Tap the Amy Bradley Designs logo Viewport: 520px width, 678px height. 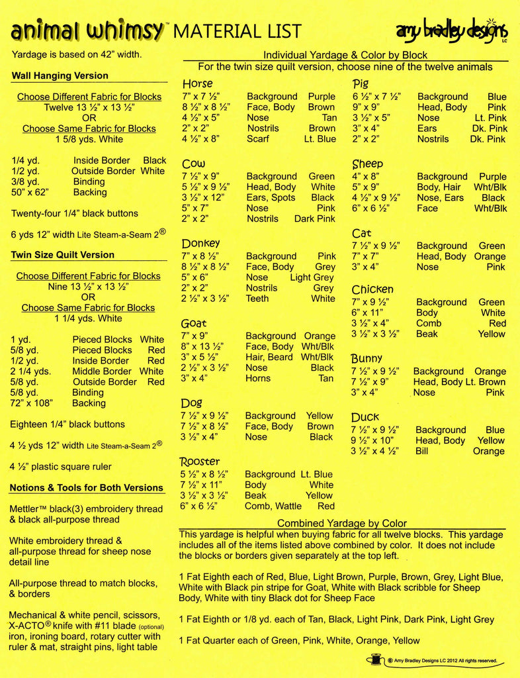[x=452, y=30]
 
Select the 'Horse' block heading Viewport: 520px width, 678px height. [x=198, y=84]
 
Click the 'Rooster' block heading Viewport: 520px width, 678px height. [x=200, y=461]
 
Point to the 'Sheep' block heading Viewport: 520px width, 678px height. [x=368, y=164]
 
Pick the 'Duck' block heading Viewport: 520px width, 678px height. [x=365, y=417]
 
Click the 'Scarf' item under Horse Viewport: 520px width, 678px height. [x=258, y=139]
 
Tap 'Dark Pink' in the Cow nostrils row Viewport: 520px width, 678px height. [x=315, y=218]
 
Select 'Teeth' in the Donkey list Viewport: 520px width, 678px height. [x=257, y=299]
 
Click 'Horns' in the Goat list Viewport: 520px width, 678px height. [x=258, y=378]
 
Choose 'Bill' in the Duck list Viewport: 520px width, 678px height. [x=422, y=451]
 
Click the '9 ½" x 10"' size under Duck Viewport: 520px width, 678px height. [x=374, y=440]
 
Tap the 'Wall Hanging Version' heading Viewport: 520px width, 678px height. [x=60, y=75]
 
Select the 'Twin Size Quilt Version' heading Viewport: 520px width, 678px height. [x=63, y=255]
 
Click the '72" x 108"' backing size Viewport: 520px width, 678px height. [x=32, y=403]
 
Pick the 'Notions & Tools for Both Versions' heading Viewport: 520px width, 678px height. [x=86, y=488]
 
